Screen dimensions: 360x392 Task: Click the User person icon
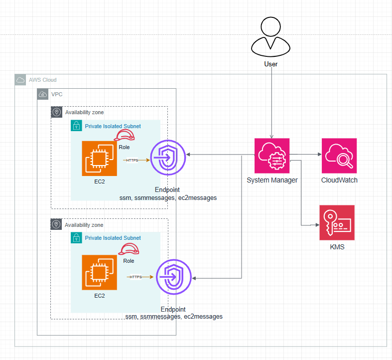(x=271, y=38)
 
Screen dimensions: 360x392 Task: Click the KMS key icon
(x=337, y=222)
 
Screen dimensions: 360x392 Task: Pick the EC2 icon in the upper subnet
(x=100, y=159)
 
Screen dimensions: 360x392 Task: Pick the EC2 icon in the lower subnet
(x=100, y=272)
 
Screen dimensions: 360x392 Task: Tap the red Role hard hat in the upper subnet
(x=125, y=137)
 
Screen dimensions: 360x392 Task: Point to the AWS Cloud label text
(x=43, y=80)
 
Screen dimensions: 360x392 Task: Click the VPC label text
(x=57, y=94)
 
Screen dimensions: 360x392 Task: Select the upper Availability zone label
(x=84, y=113)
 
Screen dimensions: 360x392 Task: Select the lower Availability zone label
(x=84, y=225)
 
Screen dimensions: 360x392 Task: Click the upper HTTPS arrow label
(x=132, y=160)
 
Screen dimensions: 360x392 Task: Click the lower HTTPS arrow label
(x=135, y=277)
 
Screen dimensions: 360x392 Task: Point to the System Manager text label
(x=272, y=180)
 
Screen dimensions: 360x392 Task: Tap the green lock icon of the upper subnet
(x=77, y=126)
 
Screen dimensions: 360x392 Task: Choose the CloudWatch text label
(x=339, y=180)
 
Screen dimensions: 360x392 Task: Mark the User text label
(x=271, y=64)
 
